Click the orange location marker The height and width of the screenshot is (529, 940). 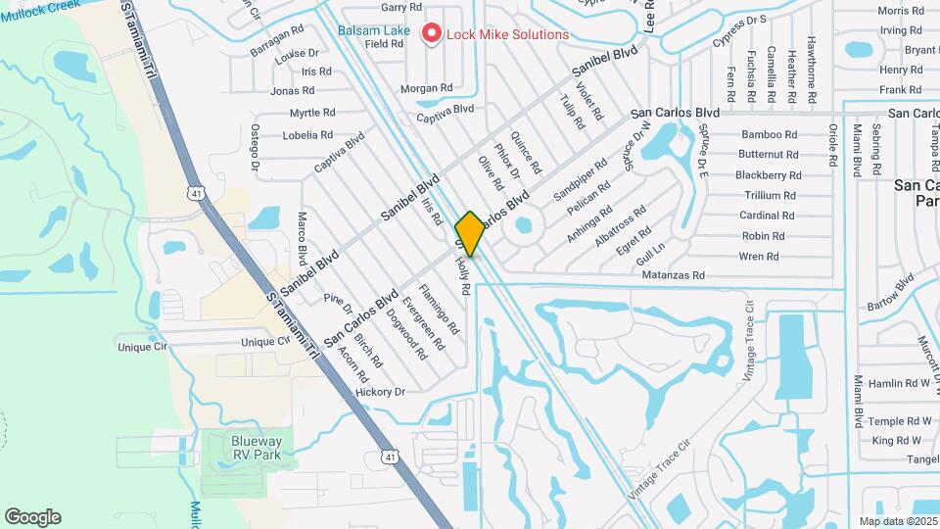point(470,234)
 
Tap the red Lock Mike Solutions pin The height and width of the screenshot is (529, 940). point(431,34)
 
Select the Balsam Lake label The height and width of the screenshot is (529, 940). point(374,30)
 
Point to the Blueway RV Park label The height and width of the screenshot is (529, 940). point(257,448)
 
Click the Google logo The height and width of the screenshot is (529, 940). point(32,517)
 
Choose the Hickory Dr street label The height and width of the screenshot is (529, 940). point(380,392)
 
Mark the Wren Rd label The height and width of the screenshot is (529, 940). point(759,257)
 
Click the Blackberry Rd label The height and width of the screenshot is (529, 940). point(769,175)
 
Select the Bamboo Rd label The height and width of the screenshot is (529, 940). point(769,134)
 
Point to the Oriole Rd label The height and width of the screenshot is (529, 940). point(833,146)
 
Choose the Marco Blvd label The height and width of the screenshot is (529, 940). point(303,237)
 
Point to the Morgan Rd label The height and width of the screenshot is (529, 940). point(426,88)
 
